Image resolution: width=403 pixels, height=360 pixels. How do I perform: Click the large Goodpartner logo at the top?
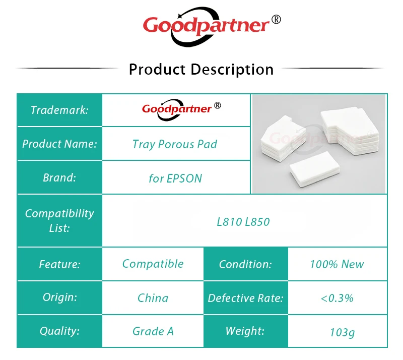[212, 27]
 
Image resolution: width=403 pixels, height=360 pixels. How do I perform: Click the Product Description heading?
[201, 70]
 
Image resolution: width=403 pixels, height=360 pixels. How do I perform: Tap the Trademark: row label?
[59, 110]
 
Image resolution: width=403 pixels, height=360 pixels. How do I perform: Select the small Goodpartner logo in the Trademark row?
[181, 109]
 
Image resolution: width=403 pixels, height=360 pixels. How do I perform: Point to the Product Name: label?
[59, 144]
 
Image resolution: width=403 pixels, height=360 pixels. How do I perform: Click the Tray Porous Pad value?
[175, 144]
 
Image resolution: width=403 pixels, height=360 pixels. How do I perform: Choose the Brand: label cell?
[59, 177]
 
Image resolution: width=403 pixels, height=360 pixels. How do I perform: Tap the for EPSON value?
[175, 178]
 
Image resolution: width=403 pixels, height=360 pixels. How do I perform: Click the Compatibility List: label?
[59, 220]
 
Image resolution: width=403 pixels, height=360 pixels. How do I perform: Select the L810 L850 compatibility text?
[243, 222]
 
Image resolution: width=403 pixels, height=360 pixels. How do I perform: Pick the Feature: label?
[59, 264]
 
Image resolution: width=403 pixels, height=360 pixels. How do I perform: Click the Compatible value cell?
[153, 264]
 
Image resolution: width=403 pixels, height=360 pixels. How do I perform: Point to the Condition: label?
[245, 264]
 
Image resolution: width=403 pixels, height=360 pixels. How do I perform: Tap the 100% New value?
[337, 264]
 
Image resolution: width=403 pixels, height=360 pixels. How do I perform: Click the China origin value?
[153, 298]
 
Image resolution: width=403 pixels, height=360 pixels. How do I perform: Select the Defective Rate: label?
[245, 298]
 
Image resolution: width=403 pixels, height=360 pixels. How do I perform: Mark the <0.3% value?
[337, 298]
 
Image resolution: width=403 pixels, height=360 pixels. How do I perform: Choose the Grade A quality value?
[153, 331]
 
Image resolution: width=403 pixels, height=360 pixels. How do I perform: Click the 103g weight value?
[343, 332]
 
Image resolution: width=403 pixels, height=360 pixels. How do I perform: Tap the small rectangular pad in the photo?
[315, 169]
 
